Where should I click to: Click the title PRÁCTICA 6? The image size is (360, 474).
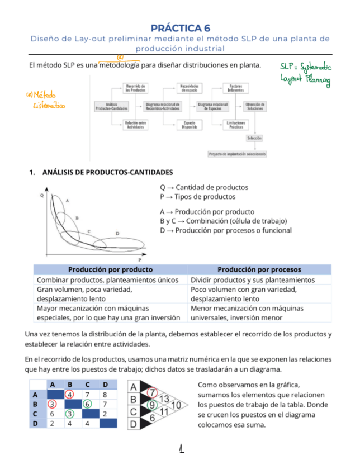coord(180,28)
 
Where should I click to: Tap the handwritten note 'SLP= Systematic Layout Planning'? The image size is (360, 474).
coord(305,75)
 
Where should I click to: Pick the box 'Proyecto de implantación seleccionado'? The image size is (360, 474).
coord(237,153)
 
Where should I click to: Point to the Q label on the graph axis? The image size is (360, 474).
coord(41,196)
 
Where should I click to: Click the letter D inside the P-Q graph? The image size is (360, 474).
coord(117,233)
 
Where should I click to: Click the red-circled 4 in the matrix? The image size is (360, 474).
coord(69,394)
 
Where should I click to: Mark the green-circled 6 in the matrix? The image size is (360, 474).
coord(87,404)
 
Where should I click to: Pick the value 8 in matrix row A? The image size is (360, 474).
coord(105,394)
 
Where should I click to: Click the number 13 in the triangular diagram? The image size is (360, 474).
coord(164,399)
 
